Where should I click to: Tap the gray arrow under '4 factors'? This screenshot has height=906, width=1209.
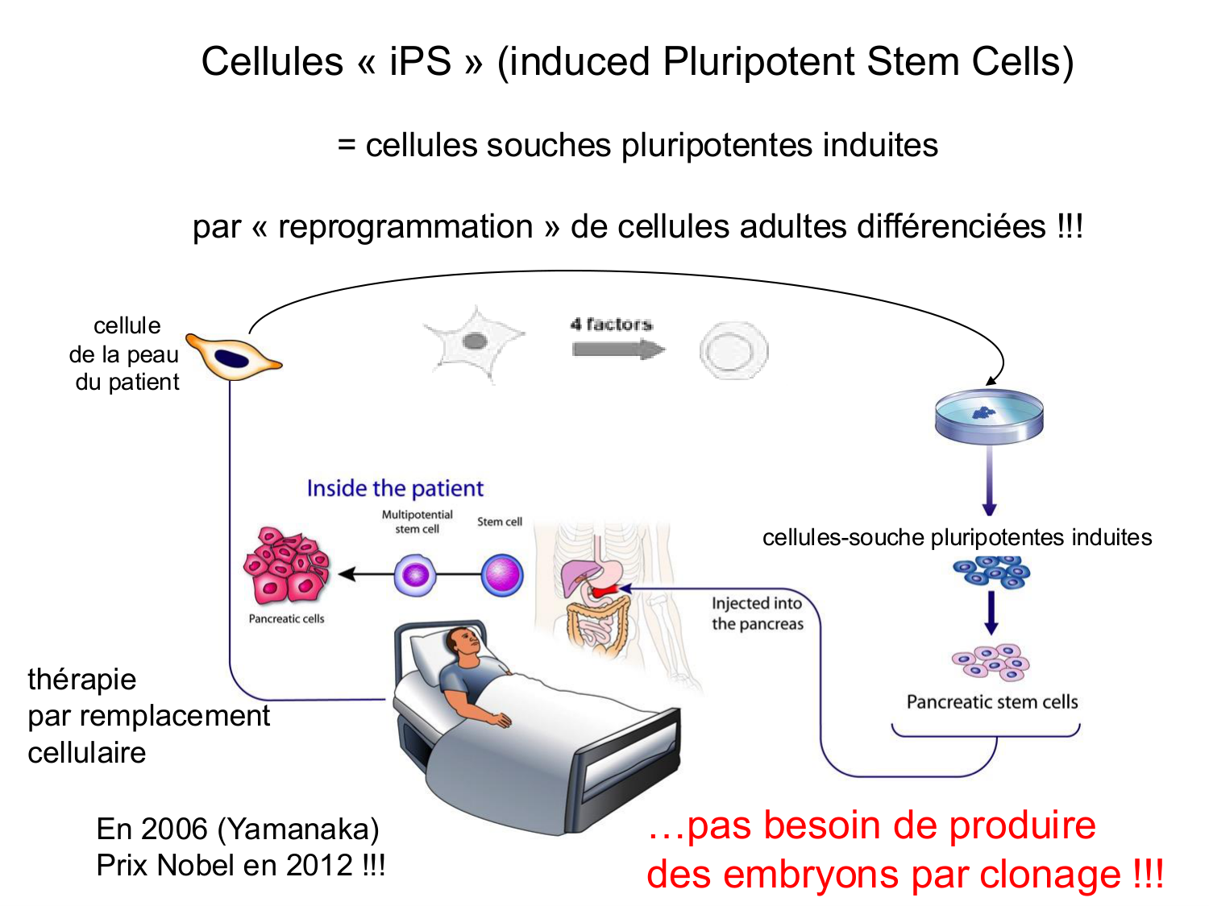click(x=617, y=350)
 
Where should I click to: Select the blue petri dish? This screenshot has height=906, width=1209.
click(x=989, y=416)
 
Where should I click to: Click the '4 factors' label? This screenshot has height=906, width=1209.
click(x=611, y=325)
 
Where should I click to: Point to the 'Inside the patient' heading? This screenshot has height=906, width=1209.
click(x=395, y=488)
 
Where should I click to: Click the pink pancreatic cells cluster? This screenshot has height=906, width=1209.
click(x=286, y=566)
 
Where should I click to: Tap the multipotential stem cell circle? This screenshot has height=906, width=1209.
click(x=415, y=575)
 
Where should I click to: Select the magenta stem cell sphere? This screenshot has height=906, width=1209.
click(x=501, y=575)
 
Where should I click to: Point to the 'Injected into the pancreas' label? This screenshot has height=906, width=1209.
click(x=757, y=614)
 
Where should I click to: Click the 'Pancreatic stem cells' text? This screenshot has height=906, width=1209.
click(x=992, y=702)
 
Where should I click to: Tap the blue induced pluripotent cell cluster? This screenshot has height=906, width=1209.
click(x=991, y=571)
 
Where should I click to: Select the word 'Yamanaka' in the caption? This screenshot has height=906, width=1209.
click(x=298, y=829)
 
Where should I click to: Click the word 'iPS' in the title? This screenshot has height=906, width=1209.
click(x=420, y=62)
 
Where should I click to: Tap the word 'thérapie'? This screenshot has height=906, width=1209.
click(x=81, y=679)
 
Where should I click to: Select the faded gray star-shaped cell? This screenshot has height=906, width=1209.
click(x=475, y=342)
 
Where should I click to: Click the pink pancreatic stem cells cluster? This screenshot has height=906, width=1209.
click(x=991, y=662)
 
